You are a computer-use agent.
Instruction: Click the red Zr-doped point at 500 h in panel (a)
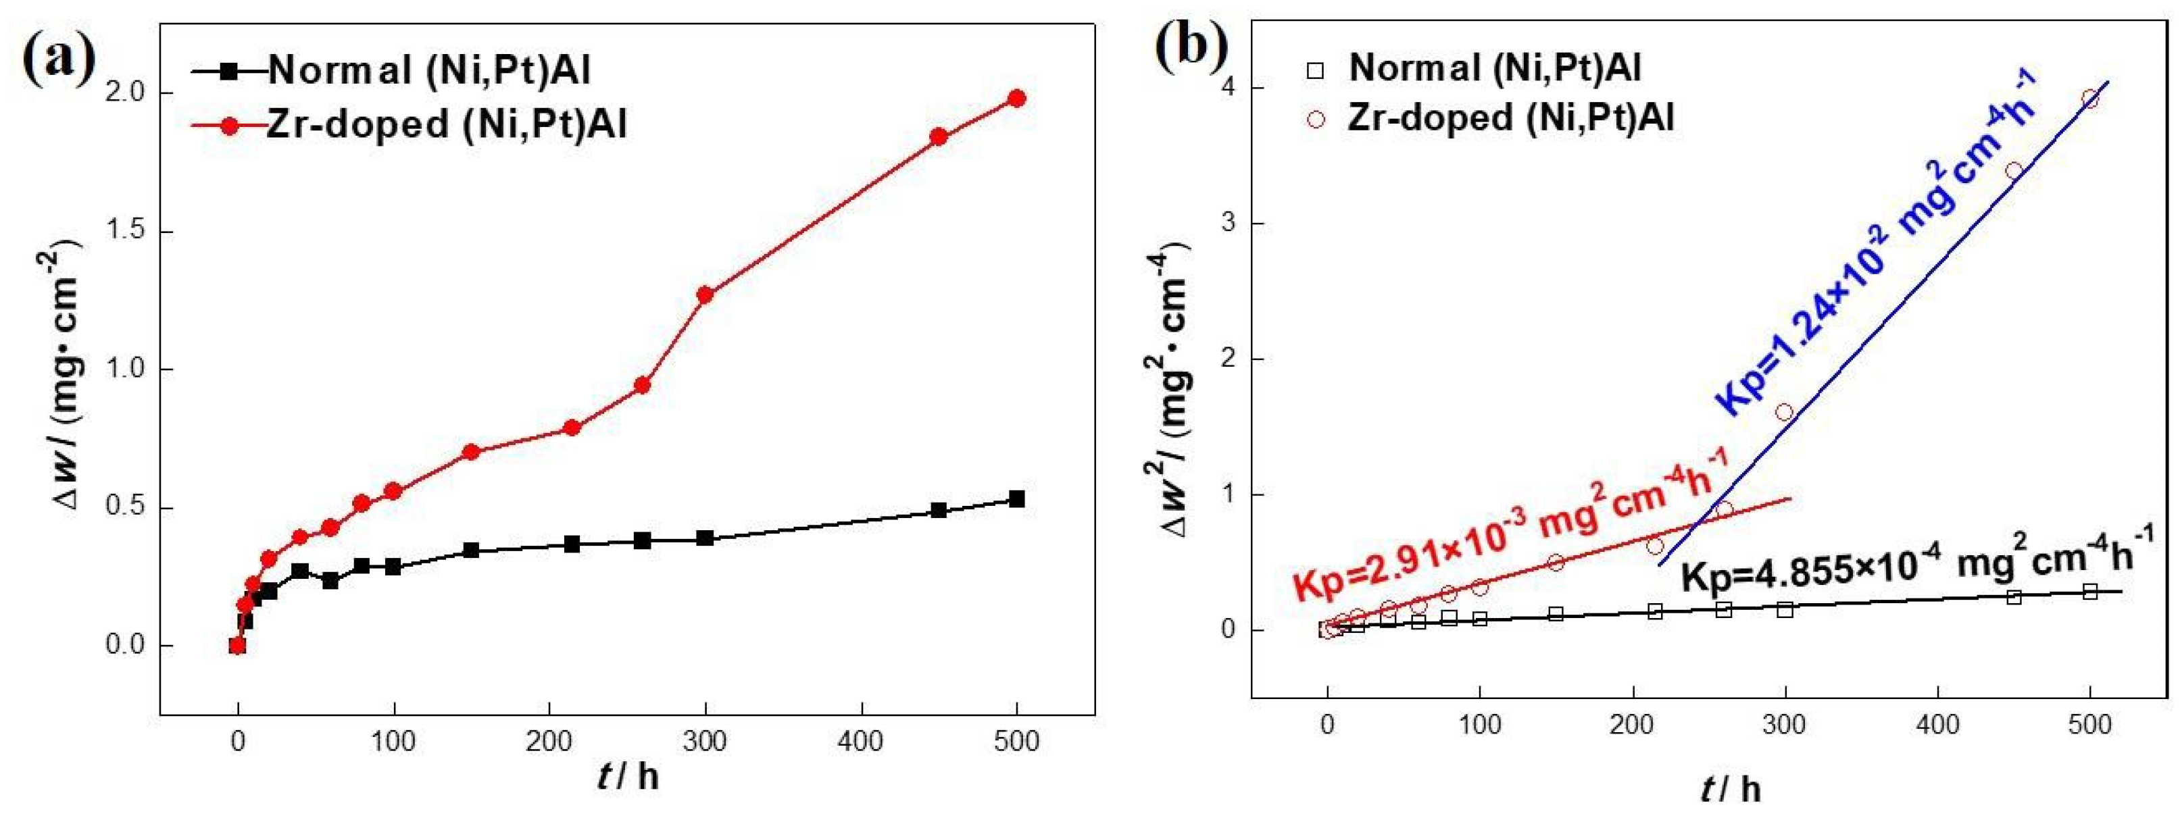point(1017,98)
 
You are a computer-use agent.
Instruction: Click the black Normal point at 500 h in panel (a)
point(1017,499)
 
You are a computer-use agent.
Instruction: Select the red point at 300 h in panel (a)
point(705,294)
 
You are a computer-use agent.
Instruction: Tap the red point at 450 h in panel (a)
point(939,136)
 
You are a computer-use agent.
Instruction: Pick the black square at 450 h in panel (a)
point(939,510)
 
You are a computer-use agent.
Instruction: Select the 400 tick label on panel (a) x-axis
point(861,742)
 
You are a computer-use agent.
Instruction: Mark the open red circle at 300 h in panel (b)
point(1785,412)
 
